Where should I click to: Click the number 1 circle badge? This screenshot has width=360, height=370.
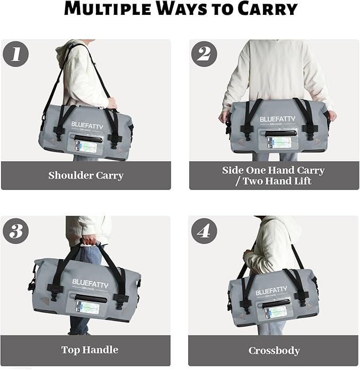tap(16, 54)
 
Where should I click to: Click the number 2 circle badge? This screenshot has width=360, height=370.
tap(204, 54)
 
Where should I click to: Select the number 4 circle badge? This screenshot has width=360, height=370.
tap(204, 231)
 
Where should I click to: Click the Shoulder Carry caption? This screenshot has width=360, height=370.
tap(86, 175)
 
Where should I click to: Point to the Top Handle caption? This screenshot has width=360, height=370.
tap(90, 350)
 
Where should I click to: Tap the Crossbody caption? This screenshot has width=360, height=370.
tap(274, 351)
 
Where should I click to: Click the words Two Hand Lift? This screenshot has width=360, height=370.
tap(277, 181)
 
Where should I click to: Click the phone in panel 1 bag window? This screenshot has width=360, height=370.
tap(85, 146)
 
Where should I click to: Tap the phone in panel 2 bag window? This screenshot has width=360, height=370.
tap(278, 142)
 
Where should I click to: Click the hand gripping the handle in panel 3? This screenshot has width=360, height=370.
tap(89, 241)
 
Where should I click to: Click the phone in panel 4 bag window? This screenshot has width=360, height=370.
tap(274, 313)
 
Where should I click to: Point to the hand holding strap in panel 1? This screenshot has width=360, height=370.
tap(111, 102)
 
